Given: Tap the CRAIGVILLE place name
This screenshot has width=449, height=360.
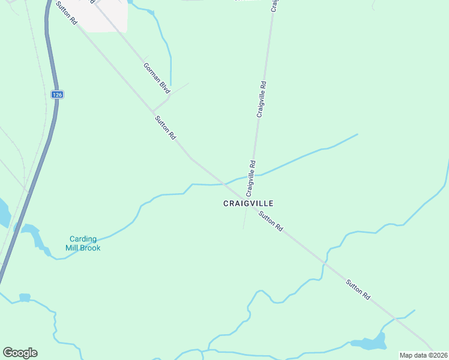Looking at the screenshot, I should tap(248, 203).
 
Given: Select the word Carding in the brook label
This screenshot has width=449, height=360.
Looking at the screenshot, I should tap(83, 239).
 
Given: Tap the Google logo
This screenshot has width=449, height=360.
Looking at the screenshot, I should tap(20, 353).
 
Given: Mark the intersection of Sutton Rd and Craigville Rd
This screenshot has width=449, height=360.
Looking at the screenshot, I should tap(246, 196).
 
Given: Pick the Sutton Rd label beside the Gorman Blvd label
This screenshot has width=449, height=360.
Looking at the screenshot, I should tap(165, 127).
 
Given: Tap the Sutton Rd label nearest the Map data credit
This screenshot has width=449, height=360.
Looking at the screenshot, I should tap(358, 290).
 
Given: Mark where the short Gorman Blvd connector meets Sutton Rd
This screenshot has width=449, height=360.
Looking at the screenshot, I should tap(152, 112).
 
